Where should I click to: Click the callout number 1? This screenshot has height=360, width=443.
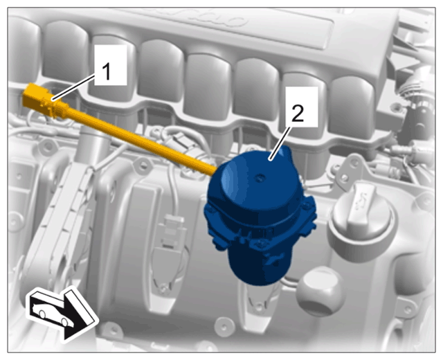click(x=107, y=72)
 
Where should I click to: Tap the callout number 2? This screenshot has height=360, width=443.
click(x=298, y=113)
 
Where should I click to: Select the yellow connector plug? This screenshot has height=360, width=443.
click(x=42, y=100)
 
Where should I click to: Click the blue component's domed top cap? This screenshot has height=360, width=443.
click(x=257, y=181)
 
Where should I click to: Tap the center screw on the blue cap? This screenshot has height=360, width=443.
click(x=260, y=178)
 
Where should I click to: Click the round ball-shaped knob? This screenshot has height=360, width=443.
click(x=321, y=291)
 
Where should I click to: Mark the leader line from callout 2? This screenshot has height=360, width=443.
click(x=280, y=143)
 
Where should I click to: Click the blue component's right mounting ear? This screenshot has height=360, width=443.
click(x=309, y=212)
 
